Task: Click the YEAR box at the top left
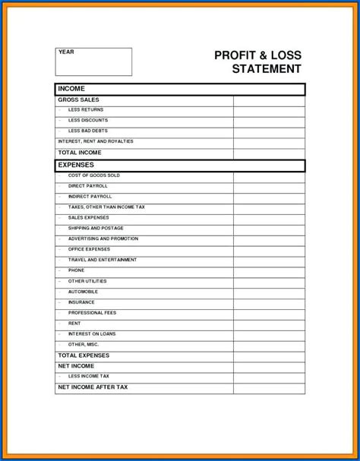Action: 93,62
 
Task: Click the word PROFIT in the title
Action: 235,55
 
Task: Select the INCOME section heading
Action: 72,89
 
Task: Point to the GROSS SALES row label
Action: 79,99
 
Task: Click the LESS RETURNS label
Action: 85,110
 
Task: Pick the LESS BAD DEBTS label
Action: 88,131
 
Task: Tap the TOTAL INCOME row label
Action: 80,153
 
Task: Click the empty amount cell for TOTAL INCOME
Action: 269,153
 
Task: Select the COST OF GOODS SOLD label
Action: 94,175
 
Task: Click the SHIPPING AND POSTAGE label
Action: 96,228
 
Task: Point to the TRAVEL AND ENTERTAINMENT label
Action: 103,260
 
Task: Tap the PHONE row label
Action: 77,270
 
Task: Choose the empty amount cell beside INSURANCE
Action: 269,302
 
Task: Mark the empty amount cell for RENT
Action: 269,324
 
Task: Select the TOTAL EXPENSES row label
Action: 84,355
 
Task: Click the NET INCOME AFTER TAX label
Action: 93,387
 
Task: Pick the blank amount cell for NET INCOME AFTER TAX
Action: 269,387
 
